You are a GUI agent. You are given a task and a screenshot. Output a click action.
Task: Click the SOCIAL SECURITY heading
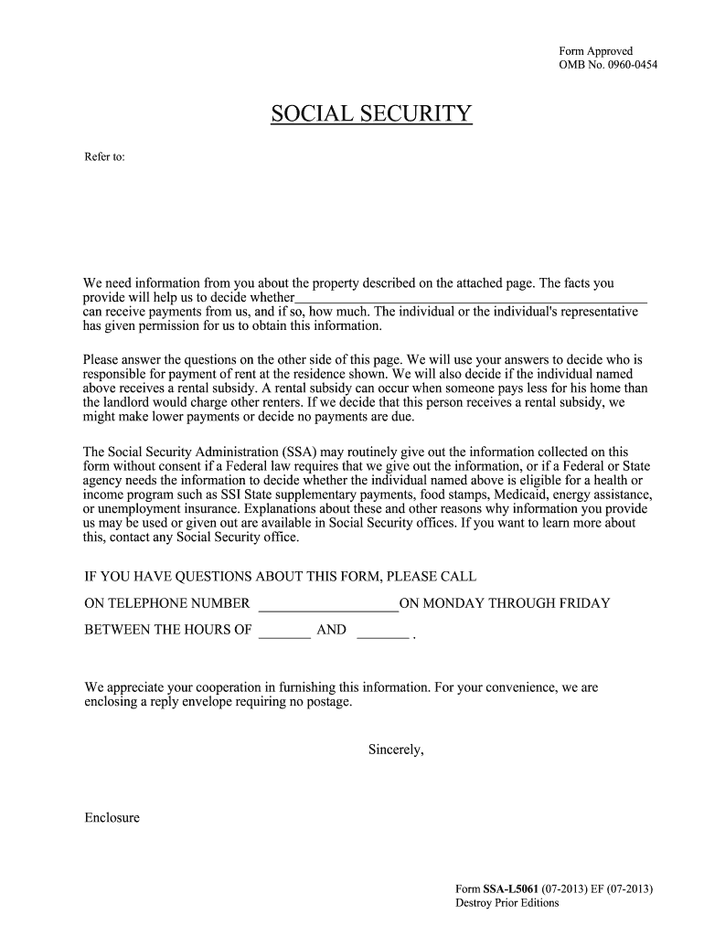point(371,114)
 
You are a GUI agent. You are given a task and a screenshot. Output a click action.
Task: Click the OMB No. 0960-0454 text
point(608,65)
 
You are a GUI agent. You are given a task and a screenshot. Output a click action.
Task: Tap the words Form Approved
point(595,51)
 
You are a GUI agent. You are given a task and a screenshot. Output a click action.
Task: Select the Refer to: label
point(103,157)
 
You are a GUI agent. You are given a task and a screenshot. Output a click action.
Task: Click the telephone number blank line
point(329,604)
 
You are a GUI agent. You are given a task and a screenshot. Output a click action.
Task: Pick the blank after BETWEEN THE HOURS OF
point(284,631)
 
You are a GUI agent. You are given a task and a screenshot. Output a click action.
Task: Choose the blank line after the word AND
point(381,631)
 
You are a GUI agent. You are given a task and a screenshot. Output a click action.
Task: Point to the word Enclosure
point(112,817)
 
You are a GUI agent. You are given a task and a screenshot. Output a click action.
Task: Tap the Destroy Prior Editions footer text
point(507,903)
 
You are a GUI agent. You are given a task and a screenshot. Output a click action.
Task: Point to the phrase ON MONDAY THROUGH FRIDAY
point(505,603)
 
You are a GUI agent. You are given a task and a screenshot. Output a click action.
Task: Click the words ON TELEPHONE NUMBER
point(166,603)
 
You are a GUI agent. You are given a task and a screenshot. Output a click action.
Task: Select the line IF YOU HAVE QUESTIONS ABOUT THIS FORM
point(280,577)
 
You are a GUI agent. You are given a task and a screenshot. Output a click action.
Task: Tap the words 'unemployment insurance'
point(165,508)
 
